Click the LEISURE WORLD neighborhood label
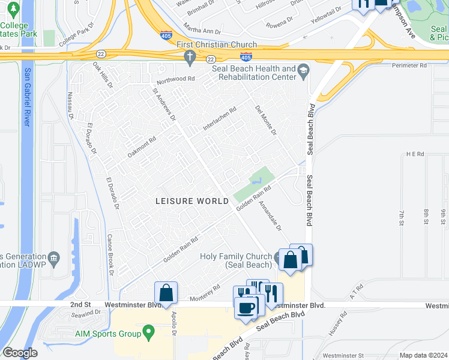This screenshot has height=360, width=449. click(x=193, y=201)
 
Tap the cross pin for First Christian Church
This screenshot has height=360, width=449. click(x=190, y=57)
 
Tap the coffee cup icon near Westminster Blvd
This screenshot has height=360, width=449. click(x=246, y=307)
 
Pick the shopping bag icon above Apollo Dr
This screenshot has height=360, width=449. click(x=166, y=293)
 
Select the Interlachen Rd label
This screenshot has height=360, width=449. click(x=220, y=118)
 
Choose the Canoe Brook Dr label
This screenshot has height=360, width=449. click(x=110, y=254)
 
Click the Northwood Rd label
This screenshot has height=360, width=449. click(x=176, y=79)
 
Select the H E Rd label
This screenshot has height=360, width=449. click(x=415, y=154)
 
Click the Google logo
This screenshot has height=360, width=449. click(x=20, y=353)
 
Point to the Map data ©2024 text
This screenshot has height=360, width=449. click(x=423, y=355)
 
